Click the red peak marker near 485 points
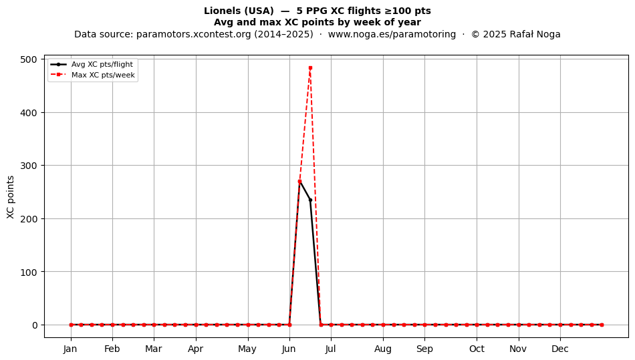pyautogui.click(x=310, y=68)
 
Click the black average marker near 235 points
pyautogui.click(x=310, y=200)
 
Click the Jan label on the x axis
pyautogui.click(x=70, y=349)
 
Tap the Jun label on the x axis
pyautogui.click(x=289, y=349)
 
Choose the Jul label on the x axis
pyautogui.click(x=330, y=349)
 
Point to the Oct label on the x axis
pyautogui.click(x=477, y=349)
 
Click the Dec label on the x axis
pyautogui.click(x=560, y=349)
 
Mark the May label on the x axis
pyautogui.click(x=247, y=349)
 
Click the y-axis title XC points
pyautogui.click(x=11, y=197)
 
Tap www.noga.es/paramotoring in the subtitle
pyautogui.click(x=392, y=34)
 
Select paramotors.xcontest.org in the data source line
pyautogui.click(x=194, y=34)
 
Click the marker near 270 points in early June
pyautogui.click(x=299, y=182)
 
